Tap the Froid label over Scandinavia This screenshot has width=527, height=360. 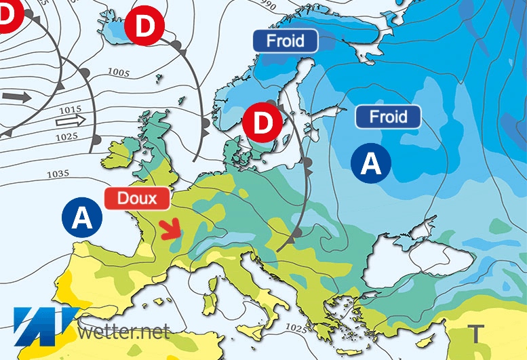tap(286, 40)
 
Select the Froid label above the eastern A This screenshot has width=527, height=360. tap(388, 117)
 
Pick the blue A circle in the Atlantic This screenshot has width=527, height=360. tap(81, 217)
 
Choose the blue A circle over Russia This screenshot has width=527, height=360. tap(371, 163)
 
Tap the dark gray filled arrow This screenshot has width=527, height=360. tap(21, 97)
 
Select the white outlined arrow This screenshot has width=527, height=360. tap(71, 121)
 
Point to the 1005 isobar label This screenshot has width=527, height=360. tap(119, 73)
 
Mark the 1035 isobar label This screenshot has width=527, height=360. tap(57, 174)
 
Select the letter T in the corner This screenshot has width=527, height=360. tap(477, 333)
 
